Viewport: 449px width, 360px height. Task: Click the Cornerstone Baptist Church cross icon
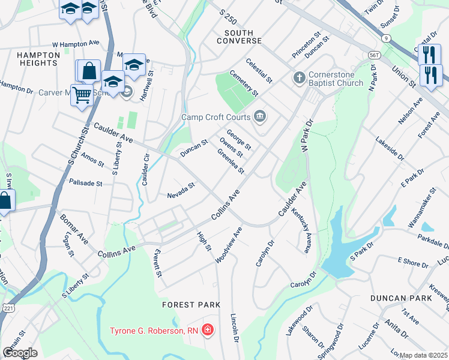pos(299,77)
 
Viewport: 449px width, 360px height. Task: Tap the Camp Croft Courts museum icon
pos(260,116)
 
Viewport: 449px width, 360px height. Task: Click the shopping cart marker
pos(81,94)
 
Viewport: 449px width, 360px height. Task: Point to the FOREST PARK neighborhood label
pos(191,305)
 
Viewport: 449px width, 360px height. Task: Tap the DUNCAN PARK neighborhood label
pos(400,298)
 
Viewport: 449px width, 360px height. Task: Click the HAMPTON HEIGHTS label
pos(38,59)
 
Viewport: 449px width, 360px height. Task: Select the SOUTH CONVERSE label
pos(243,37)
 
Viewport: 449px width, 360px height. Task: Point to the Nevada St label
pos(181,191)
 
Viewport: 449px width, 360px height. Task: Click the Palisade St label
pos(85,182)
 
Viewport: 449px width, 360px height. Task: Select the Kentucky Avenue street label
pos(301,230)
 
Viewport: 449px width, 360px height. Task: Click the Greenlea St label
pos(231,161)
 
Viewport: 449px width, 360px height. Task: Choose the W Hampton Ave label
pos(76,44)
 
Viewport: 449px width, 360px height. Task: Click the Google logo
pos(20,352)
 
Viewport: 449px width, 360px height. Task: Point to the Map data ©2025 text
pos(423,355)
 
